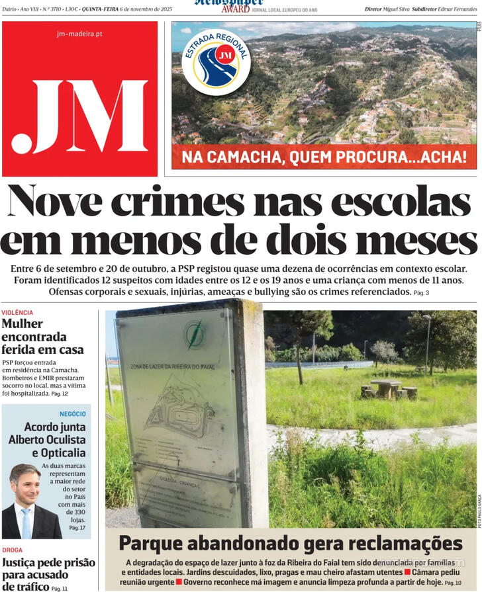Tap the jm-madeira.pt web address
click(x=79, y=34)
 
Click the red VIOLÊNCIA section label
click(x=17, y=312)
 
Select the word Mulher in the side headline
click(x=22, y=324)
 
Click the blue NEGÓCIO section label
click(x=72, y=414)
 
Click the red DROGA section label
click(x=12, y=550)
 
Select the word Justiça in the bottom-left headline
click(x=24, y=563)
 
